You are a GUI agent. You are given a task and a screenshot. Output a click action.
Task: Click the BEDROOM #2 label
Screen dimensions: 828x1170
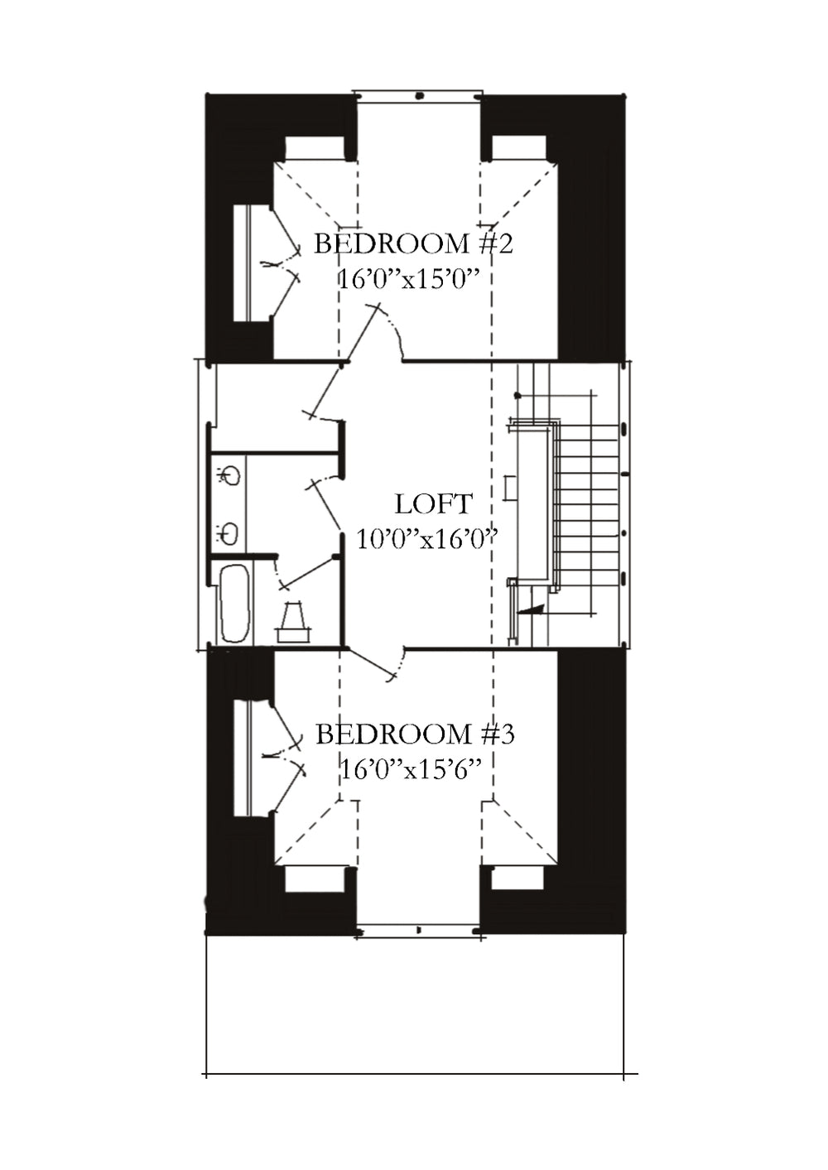[413, 244]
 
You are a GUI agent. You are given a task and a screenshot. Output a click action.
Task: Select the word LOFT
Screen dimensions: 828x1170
[433, 504]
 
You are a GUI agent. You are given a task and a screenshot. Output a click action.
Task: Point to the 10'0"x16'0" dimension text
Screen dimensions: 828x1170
[425, 538]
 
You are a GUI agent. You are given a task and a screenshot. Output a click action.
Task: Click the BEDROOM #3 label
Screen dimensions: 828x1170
[415, 734]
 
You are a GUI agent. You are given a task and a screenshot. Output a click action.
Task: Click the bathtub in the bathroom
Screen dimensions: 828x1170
[234, 603]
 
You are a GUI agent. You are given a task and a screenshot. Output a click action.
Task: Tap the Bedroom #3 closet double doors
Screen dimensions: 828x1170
[286, 755]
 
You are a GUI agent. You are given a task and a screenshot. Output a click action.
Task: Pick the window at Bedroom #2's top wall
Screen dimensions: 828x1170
[418, 95]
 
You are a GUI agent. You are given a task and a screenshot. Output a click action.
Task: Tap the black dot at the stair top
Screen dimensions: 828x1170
[517, 396]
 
